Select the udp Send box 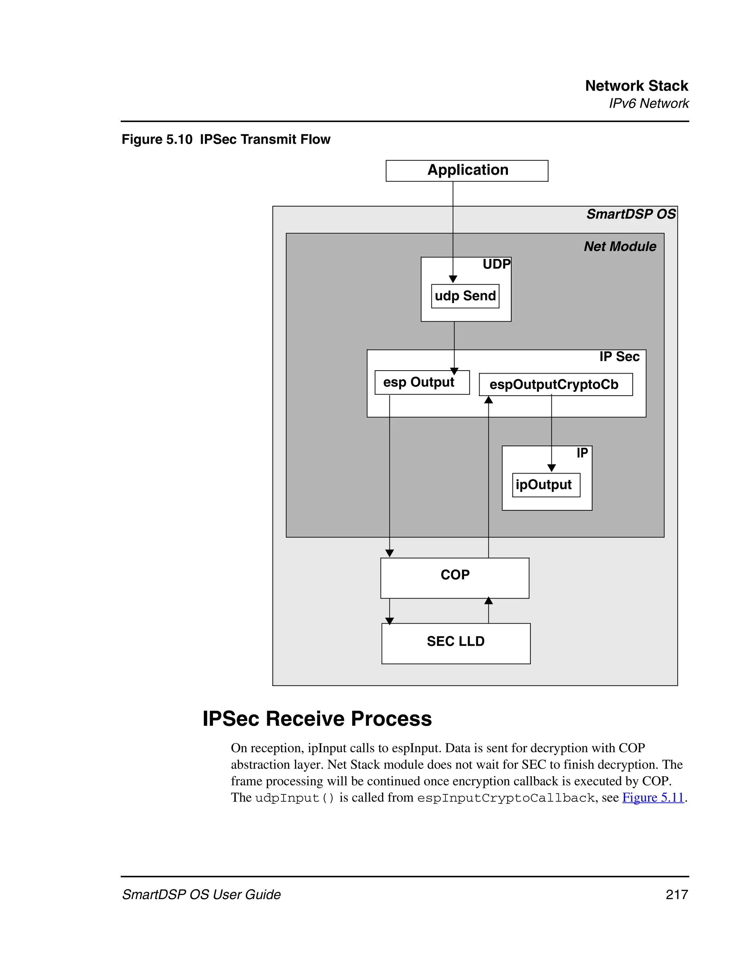465,296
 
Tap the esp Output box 422,382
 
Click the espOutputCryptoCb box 555,385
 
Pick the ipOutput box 546,485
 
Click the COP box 454,578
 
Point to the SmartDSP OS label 630,214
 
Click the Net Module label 619,246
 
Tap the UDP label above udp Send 496,264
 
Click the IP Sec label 619,357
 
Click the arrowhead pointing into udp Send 453,279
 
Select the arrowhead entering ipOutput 551,468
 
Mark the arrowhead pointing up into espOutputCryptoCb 489,400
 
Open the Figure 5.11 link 653,798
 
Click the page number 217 676,895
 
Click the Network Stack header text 636,86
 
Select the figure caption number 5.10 179,140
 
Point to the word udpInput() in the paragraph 294,798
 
